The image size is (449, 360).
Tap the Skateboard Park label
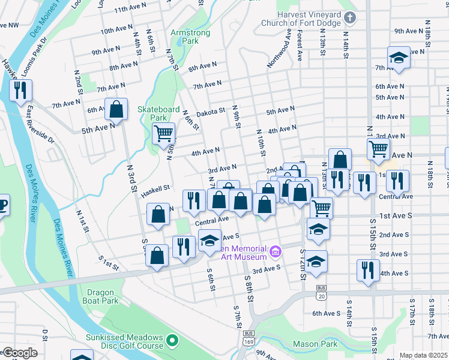(158, 113)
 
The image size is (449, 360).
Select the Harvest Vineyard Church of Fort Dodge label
(301, 19)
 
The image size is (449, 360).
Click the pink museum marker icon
(275, 250)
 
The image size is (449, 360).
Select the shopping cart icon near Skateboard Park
(164, 133)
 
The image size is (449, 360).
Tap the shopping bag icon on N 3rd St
(116, 109)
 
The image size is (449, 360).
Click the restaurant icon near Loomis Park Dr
(20, 90)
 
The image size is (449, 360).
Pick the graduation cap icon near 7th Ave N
(399, 58)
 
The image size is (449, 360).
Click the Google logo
(19, 353)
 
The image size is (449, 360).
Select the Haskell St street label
(156, 191)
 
